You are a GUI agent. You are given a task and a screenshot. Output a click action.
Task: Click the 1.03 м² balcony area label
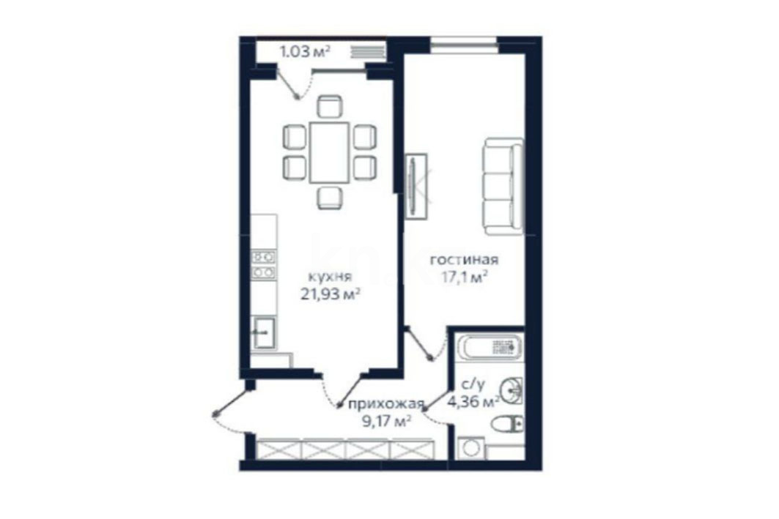pos(305,51)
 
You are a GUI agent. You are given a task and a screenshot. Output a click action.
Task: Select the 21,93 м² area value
pos(331,294)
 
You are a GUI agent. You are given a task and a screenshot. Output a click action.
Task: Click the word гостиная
pos(464,259)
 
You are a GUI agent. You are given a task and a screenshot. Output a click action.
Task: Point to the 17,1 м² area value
pos(464,277)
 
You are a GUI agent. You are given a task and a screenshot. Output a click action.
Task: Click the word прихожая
pos(386,404)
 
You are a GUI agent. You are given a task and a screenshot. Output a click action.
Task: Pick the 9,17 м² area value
pos(386,422)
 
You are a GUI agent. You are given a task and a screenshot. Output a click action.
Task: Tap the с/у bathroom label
pos(473,384)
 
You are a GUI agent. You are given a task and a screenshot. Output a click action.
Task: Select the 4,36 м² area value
pos(473,401)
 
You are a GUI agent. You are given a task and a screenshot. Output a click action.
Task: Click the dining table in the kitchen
pos(329,152)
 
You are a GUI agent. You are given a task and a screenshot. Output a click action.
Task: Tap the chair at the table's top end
pos(329,106)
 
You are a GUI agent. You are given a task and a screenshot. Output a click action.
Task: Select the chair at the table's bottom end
pos(329,198)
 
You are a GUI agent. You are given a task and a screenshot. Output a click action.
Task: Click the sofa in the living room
pos(503,186)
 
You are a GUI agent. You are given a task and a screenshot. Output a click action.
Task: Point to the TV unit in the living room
pos(416,187)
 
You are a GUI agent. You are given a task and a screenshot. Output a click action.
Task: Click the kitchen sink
pos(264,333)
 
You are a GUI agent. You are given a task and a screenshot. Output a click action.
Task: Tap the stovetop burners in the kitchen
pos(264,264)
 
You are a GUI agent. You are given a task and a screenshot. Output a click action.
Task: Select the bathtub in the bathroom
pos(489,347)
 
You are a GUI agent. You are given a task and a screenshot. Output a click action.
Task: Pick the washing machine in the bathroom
pos(470,448)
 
